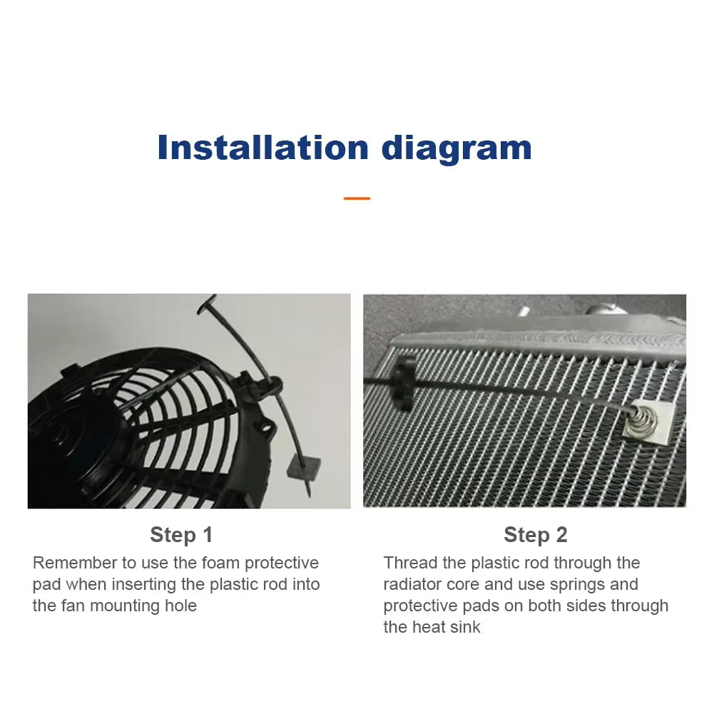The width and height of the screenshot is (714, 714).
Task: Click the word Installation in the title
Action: (x=262, y=148)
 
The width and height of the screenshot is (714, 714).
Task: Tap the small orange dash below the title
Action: (x=357, y=198)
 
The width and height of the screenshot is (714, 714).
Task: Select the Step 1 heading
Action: (x=181, y=535)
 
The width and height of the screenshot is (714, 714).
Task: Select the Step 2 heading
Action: (x=535, y=535)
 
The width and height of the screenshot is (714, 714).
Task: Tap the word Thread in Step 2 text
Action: (x=409, y=563)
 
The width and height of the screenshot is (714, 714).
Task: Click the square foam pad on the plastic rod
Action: (x=302, y=468)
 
